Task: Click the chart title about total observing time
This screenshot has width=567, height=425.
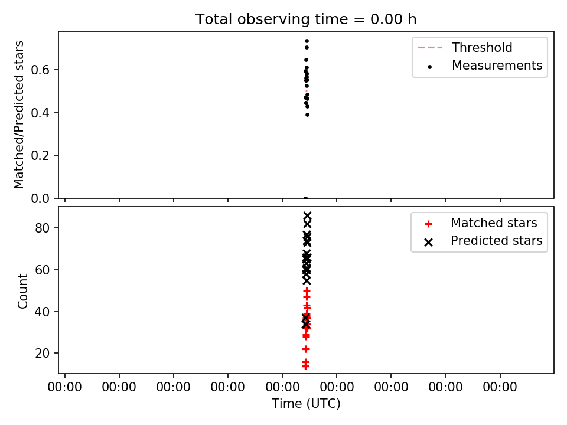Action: [306, 19]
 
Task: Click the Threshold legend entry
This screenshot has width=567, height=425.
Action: [465, 47]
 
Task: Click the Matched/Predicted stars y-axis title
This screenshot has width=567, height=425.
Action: [18, 115]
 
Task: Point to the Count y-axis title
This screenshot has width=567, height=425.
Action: [22, 291]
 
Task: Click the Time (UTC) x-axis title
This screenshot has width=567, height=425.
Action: [306, 403]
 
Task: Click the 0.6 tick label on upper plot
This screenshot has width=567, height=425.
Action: [40, 70]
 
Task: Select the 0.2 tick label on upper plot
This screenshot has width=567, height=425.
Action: [40, 156]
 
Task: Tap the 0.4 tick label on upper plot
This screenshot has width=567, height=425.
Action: [40, 113]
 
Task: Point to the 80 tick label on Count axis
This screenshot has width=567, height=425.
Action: [42, 228]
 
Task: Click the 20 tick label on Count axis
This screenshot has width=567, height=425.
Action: [42, 353]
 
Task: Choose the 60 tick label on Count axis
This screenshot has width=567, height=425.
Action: [42, 270]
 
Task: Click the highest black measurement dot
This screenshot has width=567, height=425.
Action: [307, 41]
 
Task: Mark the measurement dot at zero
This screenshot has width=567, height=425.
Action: [305, 198]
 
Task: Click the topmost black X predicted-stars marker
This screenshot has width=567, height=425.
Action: [307, 216]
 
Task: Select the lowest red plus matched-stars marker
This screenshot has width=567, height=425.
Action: [305, 366]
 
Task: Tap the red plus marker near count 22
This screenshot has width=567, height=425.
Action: [305, 349]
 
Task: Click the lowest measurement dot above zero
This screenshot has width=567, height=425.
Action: [307, 115]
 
